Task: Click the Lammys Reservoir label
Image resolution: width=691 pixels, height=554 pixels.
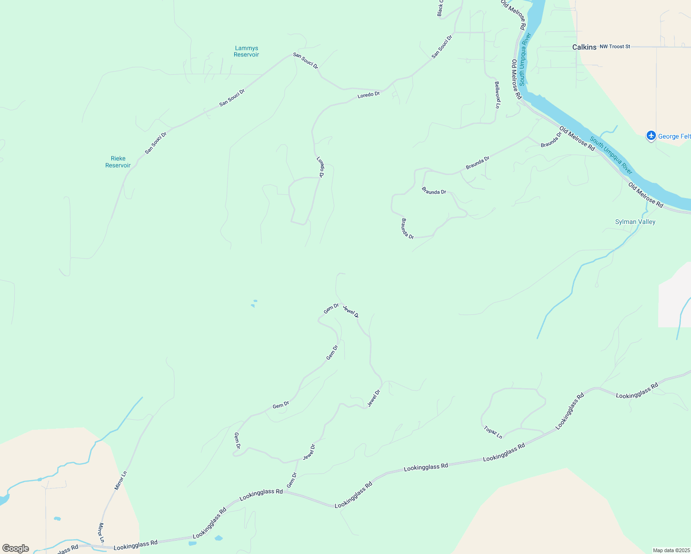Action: (246, 51)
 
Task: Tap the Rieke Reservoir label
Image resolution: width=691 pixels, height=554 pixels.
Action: (118, 162)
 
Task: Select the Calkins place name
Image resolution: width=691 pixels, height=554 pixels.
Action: (584, 47)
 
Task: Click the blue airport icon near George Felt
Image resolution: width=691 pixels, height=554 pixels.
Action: (651, 136)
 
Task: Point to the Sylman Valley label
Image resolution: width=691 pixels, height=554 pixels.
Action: (635, 222)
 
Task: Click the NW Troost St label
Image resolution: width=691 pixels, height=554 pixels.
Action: (615, 47)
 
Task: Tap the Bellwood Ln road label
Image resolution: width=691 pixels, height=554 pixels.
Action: (497, 95)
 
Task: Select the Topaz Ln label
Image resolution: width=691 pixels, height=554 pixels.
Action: (493, 433)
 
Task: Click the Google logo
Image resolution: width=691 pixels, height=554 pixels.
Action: (15, 548)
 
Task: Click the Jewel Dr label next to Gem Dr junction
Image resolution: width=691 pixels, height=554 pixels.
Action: (351, 312)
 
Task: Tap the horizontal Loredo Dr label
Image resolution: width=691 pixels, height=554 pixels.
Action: (369, 95)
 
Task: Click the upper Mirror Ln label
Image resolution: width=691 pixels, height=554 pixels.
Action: (120, 480)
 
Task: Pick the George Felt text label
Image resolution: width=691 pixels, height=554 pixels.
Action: (674, 136)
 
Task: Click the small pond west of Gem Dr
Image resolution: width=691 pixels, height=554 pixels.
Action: (253, 305)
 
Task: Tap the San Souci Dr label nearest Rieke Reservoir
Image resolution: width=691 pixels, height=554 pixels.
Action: (155, 143)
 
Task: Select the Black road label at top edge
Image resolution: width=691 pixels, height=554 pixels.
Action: (440, 8)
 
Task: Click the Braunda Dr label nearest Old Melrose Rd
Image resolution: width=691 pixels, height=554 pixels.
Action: (551, 140)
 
